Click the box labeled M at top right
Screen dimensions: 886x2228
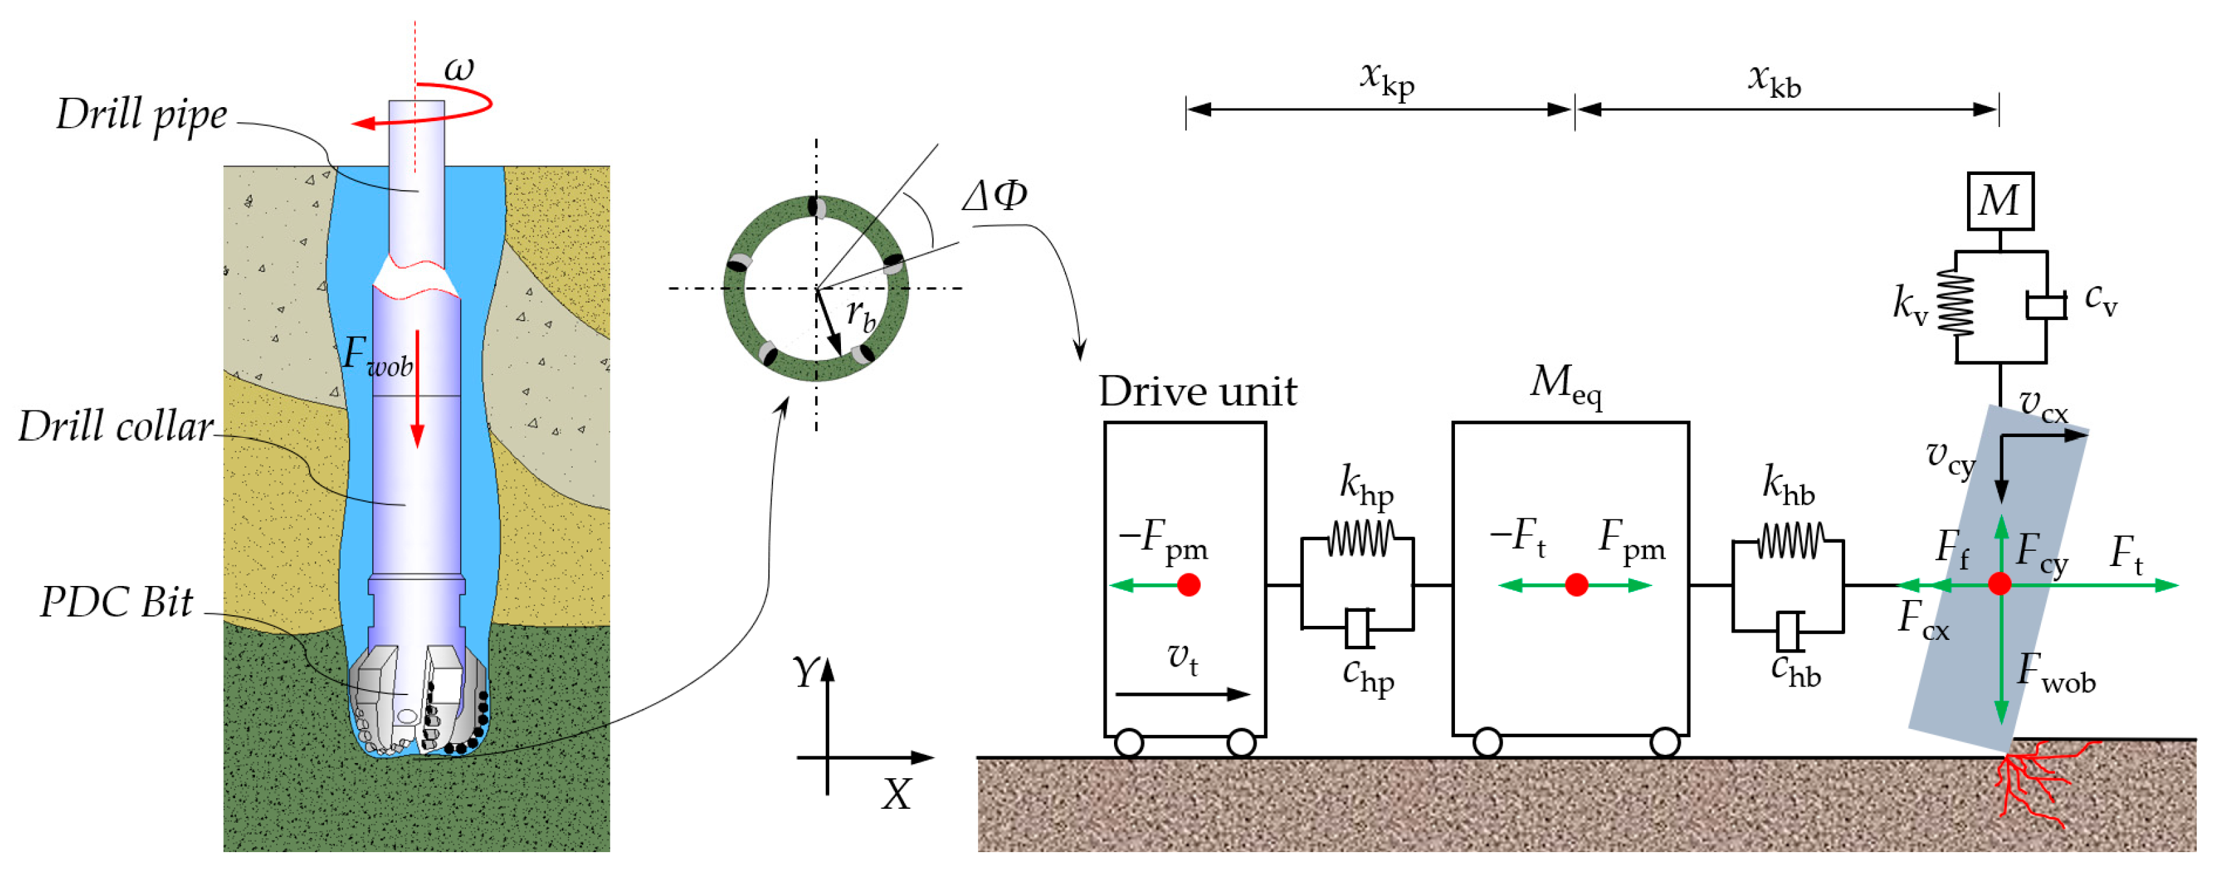click(2000, 200)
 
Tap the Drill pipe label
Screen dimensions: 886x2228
click(142, 115)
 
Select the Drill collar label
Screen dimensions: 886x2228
click(116, 426)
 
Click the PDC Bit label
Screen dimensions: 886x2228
click(116, 601)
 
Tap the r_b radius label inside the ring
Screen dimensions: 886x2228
click(860, 315)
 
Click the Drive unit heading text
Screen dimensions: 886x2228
click(1197, 392)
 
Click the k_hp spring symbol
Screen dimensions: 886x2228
click(1360, 540)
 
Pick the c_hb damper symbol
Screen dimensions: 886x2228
click(1789, 631)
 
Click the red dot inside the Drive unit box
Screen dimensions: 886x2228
click(1189, 585)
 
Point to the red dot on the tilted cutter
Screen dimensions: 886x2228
click(1999, 584)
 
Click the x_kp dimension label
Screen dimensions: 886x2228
click(1386, 80)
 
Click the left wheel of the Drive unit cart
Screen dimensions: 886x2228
click(1129, 742)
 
